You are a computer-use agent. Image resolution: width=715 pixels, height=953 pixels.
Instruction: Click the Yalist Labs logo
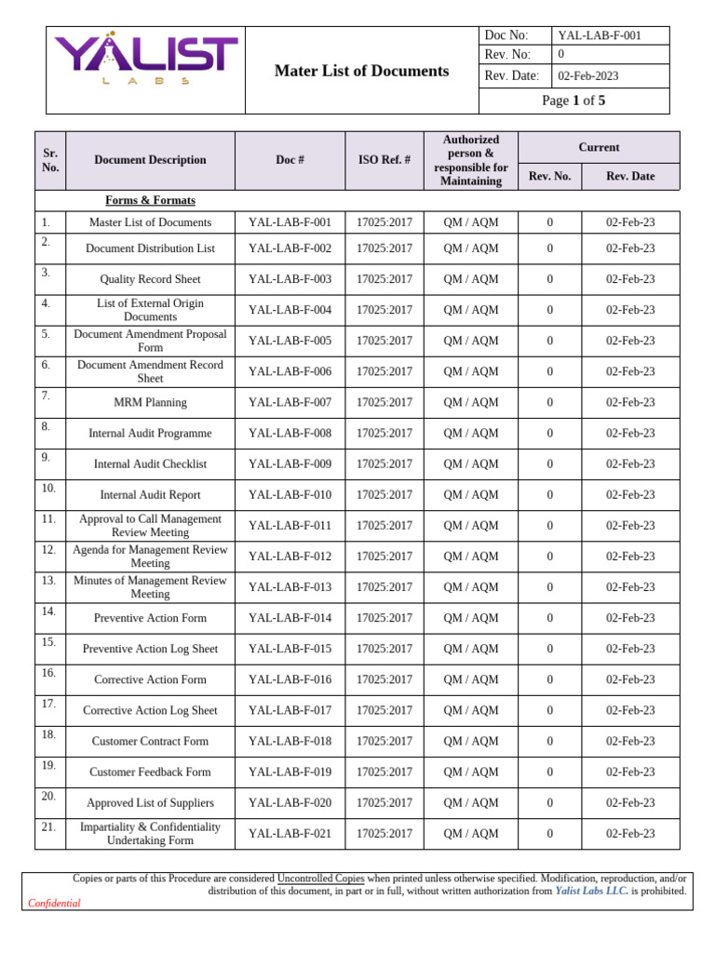coord(145,61)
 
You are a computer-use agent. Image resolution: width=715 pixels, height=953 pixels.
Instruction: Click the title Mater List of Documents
coord(361,71)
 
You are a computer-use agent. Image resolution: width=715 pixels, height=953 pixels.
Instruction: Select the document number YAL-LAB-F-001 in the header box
coord(600,35)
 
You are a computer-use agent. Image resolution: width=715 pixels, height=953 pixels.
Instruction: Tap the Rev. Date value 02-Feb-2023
coord(588,76)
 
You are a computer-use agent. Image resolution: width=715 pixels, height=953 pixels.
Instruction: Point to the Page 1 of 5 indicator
coord(573,101)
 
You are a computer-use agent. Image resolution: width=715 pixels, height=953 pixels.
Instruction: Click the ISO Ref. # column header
coord(384,160)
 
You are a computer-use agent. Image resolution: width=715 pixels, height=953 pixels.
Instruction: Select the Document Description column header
coord(150,160)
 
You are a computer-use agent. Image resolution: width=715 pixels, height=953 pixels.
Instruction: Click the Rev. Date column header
coord(630,176)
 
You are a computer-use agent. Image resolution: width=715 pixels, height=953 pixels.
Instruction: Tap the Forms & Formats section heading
coord(150,200)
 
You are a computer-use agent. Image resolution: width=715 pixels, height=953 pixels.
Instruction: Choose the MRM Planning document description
coord(150,403)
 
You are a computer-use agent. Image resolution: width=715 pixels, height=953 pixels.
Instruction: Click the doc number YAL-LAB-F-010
coord(290,495)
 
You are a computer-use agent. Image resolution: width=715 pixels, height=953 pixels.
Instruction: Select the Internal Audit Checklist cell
coord(150,464)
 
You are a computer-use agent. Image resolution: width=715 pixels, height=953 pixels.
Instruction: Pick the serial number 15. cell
coord(49,642)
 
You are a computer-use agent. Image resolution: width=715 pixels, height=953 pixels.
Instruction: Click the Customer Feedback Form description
coord(150,772)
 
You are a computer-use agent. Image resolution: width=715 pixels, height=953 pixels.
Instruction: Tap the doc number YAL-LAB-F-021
coord(290,834)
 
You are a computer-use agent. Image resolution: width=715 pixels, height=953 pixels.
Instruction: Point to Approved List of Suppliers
coord(150,803)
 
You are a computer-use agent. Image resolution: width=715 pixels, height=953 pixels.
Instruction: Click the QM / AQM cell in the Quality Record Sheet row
coord(470,279)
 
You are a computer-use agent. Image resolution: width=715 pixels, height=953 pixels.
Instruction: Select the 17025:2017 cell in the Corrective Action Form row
coord(384,680)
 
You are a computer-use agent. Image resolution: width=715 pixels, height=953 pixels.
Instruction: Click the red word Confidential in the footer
coord(54,903)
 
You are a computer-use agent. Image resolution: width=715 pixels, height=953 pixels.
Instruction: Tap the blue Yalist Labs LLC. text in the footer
coord(591,891)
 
